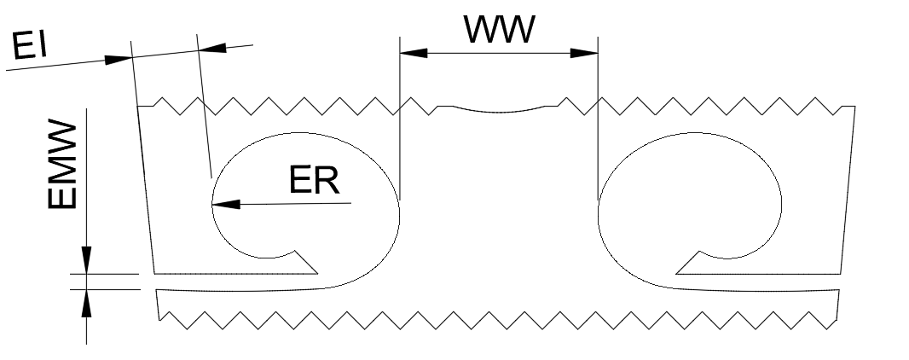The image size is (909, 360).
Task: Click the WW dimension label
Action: click(500, 31)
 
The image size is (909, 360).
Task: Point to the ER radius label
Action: click(314, 180)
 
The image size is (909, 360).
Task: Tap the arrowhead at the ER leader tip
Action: click(223, 204)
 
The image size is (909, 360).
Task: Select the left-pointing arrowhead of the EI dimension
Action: click(211, 48)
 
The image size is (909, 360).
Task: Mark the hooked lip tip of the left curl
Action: click(298, 253)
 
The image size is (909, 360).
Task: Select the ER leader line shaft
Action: click(290, 203)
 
